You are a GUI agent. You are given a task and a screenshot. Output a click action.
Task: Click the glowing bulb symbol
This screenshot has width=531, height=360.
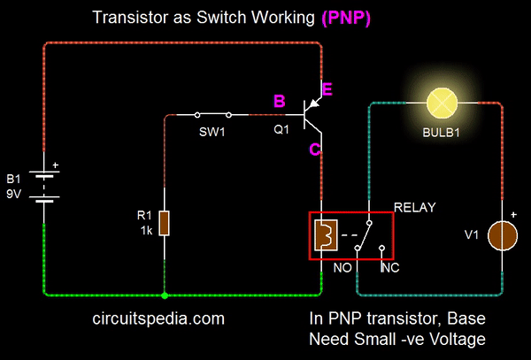point(440,103)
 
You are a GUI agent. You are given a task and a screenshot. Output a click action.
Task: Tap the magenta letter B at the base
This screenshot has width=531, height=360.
point(280,103)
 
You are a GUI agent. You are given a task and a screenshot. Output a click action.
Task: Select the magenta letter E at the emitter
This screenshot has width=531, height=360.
point(327,88)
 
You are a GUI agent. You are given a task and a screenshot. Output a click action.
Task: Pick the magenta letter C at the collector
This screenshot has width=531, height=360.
point(314,149)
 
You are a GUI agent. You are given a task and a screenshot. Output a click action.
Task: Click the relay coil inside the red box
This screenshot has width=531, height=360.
point(325,235)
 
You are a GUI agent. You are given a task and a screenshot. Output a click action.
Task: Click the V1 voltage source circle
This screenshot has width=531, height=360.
point(504,234)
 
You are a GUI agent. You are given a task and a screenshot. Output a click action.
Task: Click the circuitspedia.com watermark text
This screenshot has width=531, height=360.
point(158,318)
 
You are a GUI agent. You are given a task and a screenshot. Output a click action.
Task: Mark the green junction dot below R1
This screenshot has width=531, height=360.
point(165,295)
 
